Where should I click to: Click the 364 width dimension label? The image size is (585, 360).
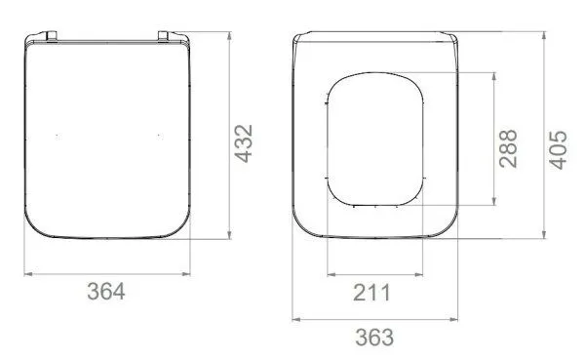coord(106,292)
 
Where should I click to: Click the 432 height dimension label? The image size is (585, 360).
coord(244,143)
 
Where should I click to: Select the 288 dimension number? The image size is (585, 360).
coord(508,148)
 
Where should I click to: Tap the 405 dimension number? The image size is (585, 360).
coord(558,150)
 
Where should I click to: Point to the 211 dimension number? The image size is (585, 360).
coord(371,293)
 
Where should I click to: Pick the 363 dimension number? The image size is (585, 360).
coord(374,338)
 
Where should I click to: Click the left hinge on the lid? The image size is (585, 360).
coord(51,36)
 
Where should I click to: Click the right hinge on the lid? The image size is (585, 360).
coord(164,36)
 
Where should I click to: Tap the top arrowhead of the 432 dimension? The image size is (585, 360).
coord(229,36)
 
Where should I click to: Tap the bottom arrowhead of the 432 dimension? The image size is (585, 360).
coord(229,234)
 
